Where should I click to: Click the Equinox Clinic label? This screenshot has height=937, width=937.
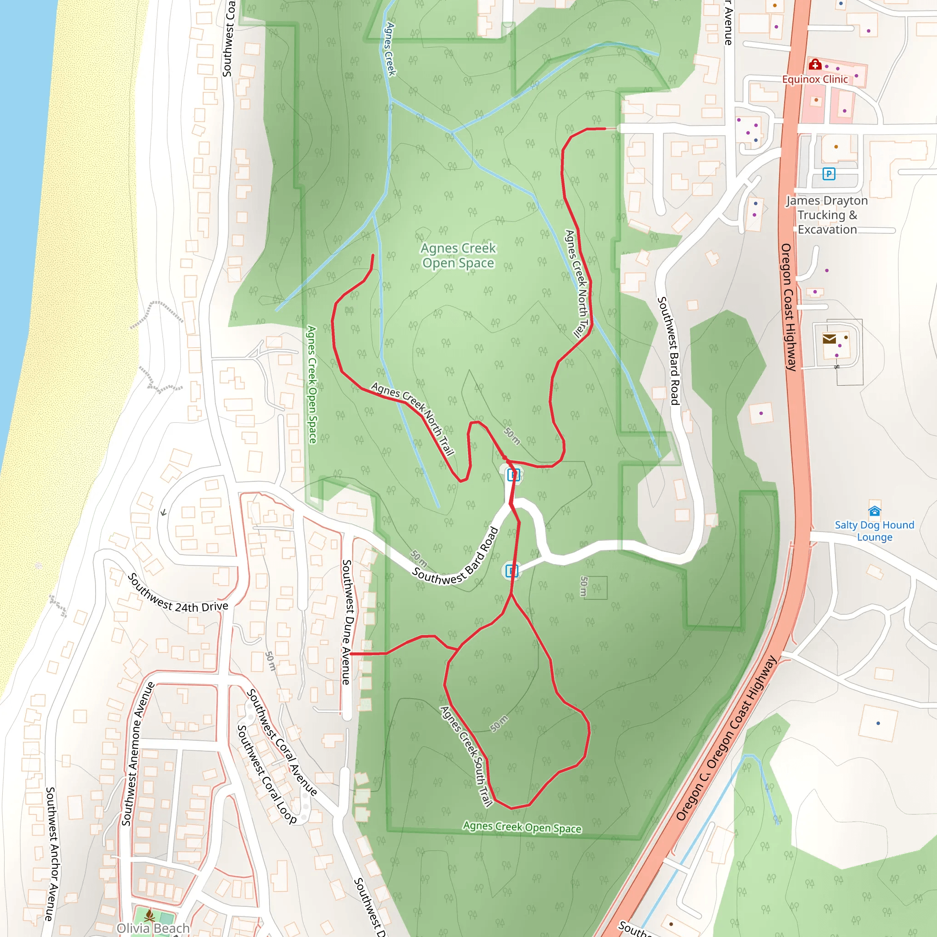pos(815,79)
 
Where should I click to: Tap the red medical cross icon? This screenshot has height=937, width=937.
pos(814,65)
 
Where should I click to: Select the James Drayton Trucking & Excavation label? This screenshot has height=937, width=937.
pos(827,215)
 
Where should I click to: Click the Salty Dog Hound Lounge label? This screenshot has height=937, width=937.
pos(874,531)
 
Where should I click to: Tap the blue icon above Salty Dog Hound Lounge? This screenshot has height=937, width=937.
pos(874,511)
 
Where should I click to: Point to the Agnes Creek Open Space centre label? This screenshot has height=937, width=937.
pos(458,256)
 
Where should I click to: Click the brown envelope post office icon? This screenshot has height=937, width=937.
pos(829,339)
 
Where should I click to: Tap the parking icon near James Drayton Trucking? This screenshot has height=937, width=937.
pos(829,173)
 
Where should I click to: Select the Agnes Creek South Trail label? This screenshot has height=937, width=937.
pos(466,756)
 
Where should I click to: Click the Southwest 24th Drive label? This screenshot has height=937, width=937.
pos(178,594)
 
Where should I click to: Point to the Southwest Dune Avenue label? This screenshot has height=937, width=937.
pos(346,622)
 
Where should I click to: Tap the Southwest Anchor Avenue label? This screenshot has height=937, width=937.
pos(51,854)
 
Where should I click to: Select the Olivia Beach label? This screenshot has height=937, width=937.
pos(153,928)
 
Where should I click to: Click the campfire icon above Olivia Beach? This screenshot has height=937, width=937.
pos(149,915)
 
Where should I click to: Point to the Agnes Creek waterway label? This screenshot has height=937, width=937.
pos(390,49)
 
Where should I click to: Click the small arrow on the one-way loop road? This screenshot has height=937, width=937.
pos(163,512)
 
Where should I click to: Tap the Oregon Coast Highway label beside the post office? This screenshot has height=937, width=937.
pos(789,307)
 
